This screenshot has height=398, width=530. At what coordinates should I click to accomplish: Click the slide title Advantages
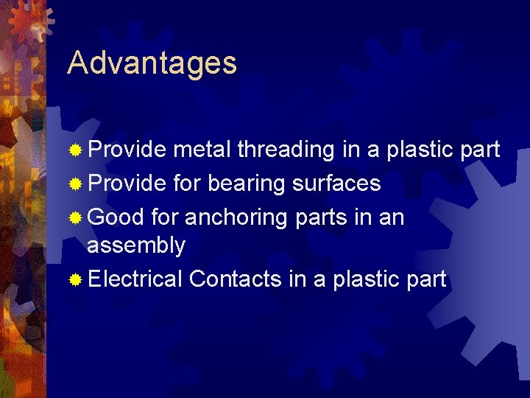pyautogui.click(x=152, y=64)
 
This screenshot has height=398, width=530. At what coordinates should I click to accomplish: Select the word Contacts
pyautogui.click(x=236, y=279)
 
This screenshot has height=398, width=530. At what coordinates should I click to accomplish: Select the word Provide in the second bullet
pyautogui.click(x=127, y=183)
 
